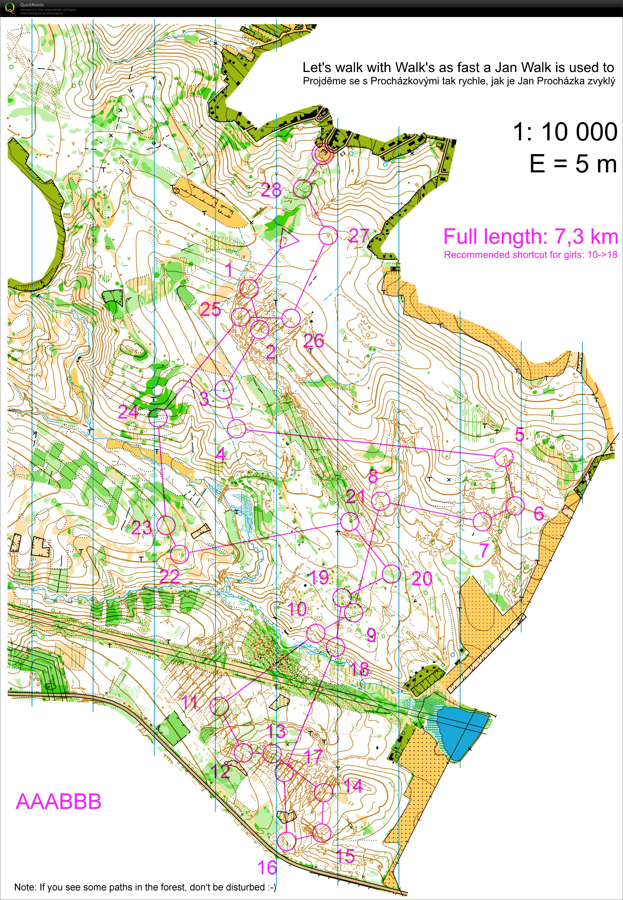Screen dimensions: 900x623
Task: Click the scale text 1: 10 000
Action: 565,132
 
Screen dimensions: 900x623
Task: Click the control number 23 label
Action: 141,528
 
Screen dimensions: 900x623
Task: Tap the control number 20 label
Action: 422,578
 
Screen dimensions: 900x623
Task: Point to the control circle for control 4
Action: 236,428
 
